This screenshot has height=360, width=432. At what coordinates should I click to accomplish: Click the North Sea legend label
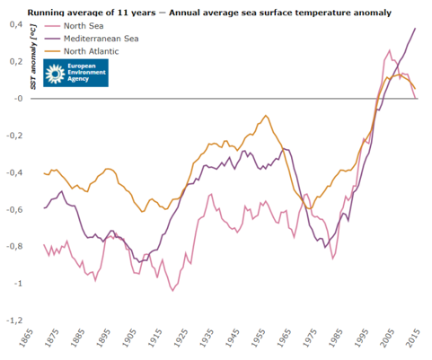(84, 26)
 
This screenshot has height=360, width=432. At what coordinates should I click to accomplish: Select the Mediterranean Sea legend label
(101, 39)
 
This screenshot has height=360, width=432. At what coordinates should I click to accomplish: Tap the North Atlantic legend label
(91, 51)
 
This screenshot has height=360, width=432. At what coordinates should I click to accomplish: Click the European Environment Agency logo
(75, 73)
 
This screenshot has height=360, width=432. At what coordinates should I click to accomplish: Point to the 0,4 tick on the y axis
(16, 24)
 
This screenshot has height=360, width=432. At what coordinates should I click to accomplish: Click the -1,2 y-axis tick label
(14, 320)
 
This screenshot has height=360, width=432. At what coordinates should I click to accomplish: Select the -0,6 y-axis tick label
(14, 209)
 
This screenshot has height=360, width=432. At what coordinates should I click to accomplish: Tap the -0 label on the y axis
(18, 99)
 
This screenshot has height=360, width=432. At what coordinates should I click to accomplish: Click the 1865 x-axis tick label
(25, 338)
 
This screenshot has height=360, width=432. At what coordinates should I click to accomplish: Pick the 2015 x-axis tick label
(413, 338)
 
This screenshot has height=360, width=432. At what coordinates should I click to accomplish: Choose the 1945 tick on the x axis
(233, 338)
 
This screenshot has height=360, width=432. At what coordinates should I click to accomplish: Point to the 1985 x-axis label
(335, 338)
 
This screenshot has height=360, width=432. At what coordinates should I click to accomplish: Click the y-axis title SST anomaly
(33, 57)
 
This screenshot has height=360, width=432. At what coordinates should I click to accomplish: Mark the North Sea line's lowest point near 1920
(172, 291)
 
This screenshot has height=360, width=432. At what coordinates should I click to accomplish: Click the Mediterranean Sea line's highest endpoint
(415, 28)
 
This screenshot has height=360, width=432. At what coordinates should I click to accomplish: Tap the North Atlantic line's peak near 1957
(266, 115)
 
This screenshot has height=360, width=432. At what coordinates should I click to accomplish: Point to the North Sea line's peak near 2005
(390, 50)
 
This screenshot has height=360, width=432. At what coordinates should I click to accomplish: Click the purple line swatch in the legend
(53, 39)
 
